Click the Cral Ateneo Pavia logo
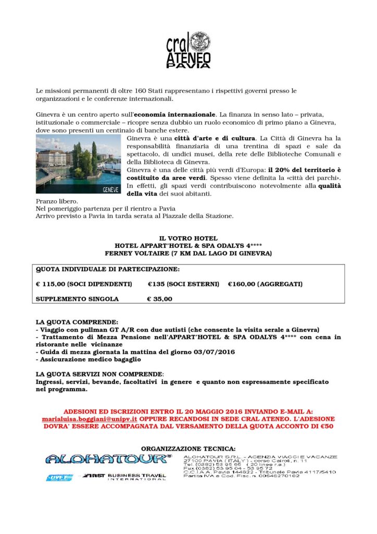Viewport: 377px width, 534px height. point(188,50)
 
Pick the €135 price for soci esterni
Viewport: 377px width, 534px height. point(157,284)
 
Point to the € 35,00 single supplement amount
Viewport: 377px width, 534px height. point(160,299)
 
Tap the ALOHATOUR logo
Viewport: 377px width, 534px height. point(108,459)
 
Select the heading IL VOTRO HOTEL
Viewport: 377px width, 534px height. point(188,238)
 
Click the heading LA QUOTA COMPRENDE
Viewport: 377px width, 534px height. point(77,322)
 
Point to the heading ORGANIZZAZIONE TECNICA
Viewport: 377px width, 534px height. point(188,448)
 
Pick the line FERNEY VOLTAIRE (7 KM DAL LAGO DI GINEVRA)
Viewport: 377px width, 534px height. point(188,253)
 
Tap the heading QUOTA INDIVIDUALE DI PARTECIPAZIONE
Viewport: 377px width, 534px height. point(107,270)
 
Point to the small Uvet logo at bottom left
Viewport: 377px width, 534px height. point(55,477)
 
